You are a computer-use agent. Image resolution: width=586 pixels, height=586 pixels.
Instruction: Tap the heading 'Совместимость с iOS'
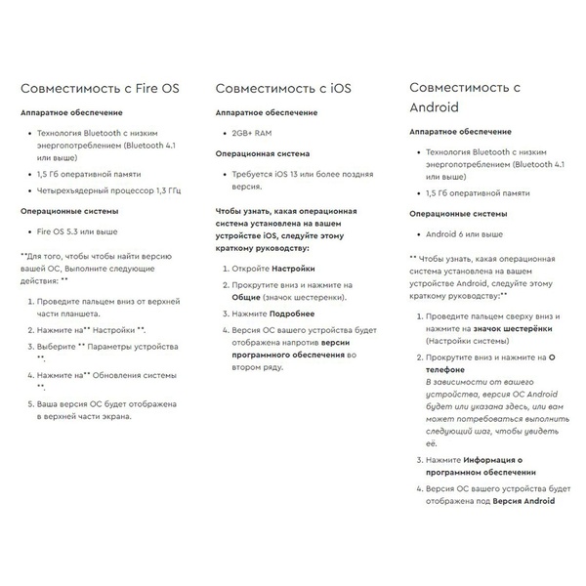pos(283,89)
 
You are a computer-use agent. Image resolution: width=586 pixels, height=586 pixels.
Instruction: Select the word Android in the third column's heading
pos(437,106)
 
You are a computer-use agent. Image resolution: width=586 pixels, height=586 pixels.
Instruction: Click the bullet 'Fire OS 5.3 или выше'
pos(77,231)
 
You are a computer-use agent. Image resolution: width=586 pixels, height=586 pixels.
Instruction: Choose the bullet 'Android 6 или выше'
pos(465,234)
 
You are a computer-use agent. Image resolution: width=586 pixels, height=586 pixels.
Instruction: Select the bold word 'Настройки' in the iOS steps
pos(293,267)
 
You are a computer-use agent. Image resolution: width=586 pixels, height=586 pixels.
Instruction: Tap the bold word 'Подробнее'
pos(292,314)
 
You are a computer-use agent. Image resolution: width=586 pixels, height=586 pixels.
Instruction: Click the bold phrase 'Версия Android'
pos(523,501)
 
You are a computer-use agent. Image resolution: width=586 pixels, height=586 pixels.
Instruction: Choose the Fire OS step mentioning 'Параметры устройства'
pos(107,352)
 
